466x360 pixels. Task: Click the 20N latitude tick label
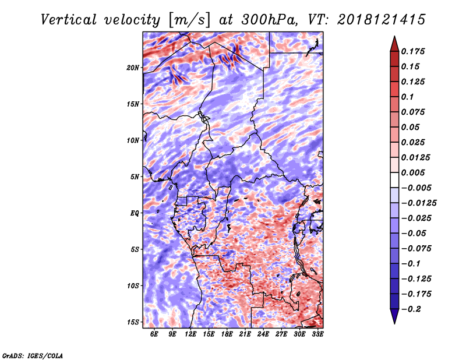click(133, 68)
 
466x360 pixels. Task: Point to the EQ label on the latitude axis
click(135, 213)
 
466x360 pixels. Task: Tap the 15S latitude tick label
click(133, 322)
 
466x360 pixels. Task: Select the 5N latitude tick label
click(135, 177)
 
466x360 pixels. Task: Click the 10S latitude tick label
click(133, 286)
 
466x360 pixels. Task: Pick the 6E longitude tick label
click(154, 334)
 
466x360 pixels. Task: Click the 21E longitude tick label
click(245, 334)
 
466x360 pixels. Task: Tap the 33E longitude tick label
click(317, 334)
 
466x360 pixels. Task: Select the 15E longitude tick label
click(209, 334)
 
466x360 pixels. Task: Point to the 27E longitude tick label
click(281, 334)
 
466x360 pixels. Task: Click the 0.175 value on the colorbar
click(413, 51)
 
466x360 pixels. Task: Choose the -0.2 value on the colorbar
click(412, 309)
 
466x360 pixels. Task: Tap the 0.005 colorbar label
click(413, 172)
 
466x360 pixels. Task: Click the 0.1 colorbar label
click(407, 97)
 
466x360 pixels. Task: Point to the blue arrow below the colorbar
click(394, 315)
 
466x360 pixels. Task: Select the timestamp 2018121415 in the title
click(382, 20)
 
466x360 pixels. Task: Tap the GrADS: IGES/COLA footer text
click(33, 355)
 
